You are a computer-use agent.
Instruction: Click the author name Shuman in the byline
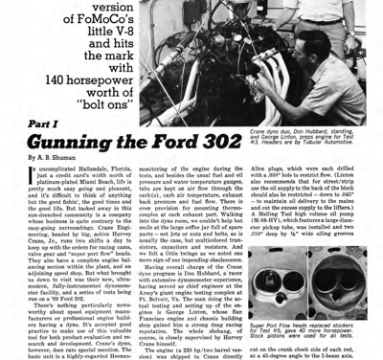(55, 158)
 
